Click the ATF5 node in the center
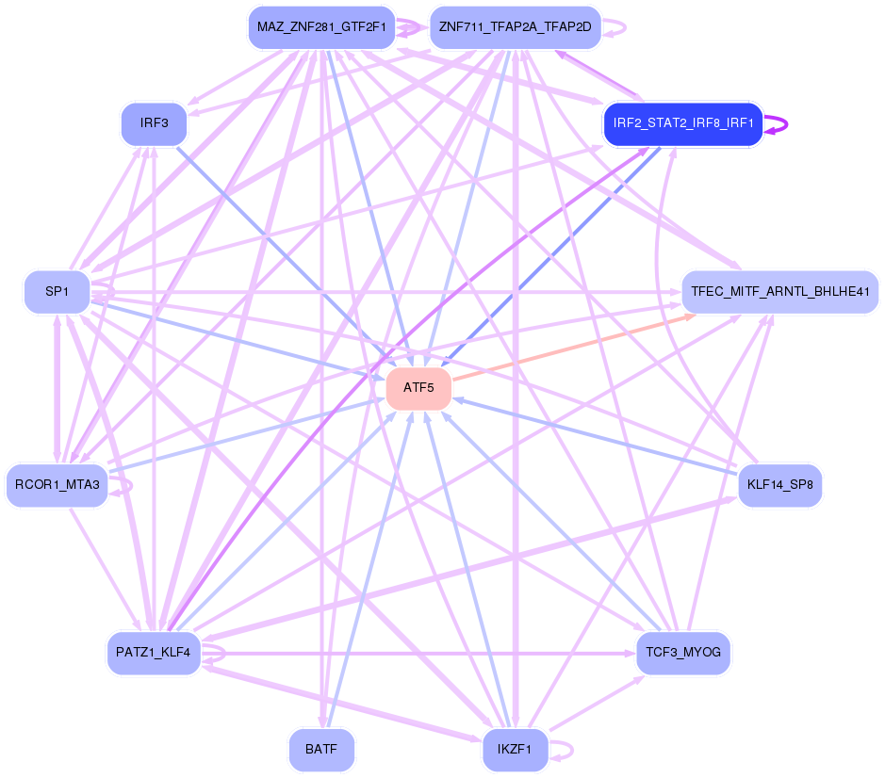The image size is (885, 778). [x=418, y=388]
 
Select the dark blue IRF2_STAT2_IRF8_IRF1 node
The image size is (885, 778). [x=682, y=124]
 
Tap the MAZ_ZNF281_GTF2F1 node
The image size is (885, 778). [x=321, y=26]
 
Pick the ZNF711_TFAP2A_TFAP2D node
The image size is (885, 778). [x=515, y=26]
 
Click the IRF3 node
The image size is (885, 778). [x=154, y=123]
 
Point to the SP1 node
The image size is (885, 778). [x=57, y=292]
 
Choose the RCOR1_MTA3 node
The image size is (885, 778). [x=57, y=485]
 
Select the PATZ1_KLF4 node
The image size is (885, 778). [x=153, y=653]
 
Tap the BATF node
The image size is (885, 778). [x=321, y=751]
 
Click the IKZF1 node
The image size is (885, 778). [x=515, y=751]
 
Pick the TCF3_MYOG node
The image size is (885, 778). [x=682, y=653]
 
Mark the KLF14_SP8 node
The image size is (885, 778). [x=779, y=485]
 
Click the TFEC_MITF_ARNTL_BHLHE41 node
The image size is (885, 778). [x=779, y=292]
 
